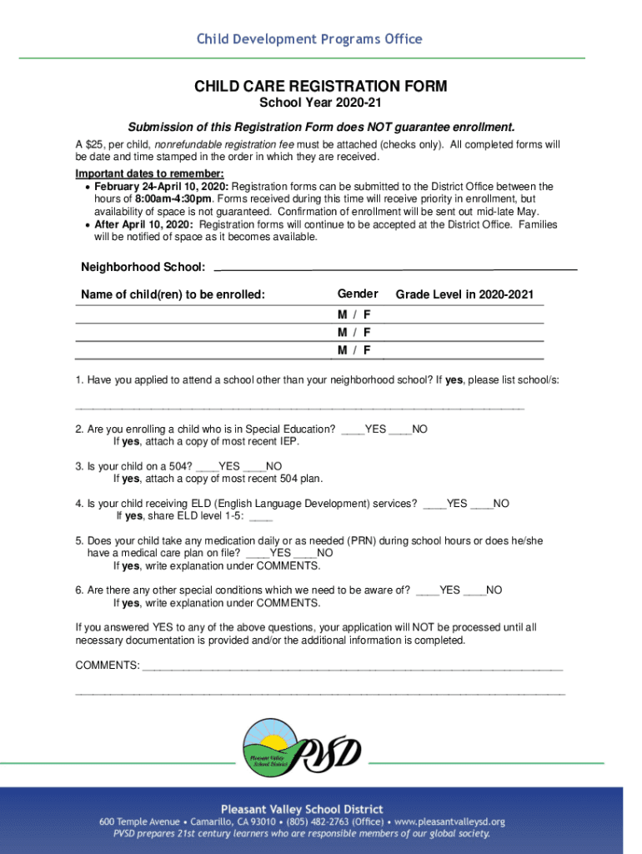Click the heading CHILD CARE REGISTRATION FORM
tap(321, 87)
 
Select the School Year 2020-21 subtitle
tap(321, 103)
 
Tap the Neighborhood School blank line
tap(396, 268)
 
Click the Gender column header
tap(357, 294)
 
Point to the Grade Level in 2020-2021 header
tap(464, 295)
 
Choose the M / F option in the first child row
tap(354, 315)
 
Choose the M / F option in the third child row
tap(354, 350)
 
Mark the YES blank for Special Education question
tap(353, 430)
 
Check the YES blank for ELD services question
tap(434, 504)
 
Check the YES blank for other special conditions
tap(427, 590)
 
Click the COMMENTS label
tap(108, 666)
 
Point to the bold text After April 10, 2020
tap(143, 225)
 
